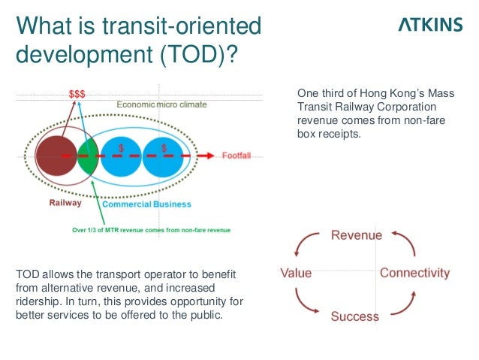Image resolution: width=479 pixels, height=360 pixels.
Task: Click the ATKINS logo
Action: click(429, 25)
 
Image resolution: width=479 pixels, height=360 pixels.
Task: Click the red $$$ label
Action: click(77, 94)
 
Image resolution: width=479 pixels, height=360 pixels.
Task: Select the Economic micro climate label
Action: click(161, 104)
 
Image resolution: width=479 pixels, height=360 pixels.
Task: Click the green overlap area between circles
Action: click(88, 156)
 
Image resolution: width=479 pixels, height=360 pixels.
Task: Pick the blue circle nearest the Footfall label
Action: click(164, 156)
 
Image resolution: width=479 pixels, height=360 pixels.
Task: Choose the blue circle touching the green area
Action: click(120, 156)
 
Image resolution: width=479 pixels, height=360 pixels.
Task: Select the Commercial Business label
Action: click(146, 204)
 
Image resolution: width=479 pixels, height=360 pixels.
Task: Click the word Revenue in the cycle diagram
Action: click(357, 235)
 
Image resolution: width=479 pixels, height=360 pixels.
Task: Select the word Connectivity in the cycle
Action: click(414, 273)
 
